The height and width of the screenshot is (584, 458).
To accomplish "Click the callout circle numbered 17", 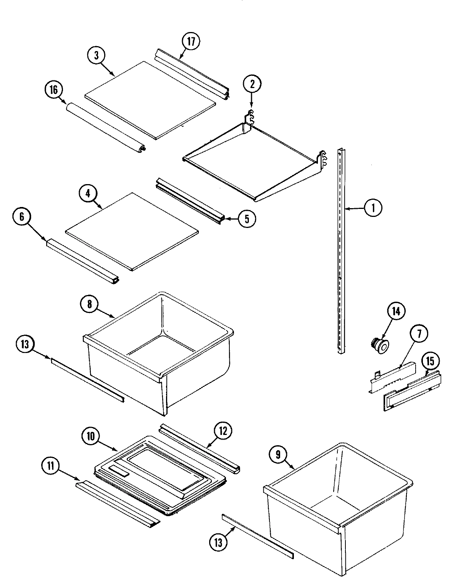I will point(191,42).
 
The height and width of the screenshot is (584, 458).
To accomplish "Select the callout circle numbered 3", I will point(97,55).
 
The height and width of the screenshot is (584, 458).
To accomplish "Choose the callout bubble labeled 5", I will point(247,219).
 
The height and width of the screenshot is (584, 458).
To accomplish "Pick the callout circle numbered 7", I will point(419,334).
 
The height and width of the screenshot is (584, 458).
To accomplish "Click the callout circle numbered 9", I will point(278,454).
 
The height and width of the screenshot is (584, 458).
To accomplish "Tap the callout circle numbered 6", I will point(22,217).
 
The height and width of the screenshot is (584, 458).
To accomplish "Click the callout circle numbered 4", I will point(88,193).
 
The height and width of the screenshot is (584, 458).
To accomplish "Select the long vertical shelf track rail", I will point(340,252).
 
